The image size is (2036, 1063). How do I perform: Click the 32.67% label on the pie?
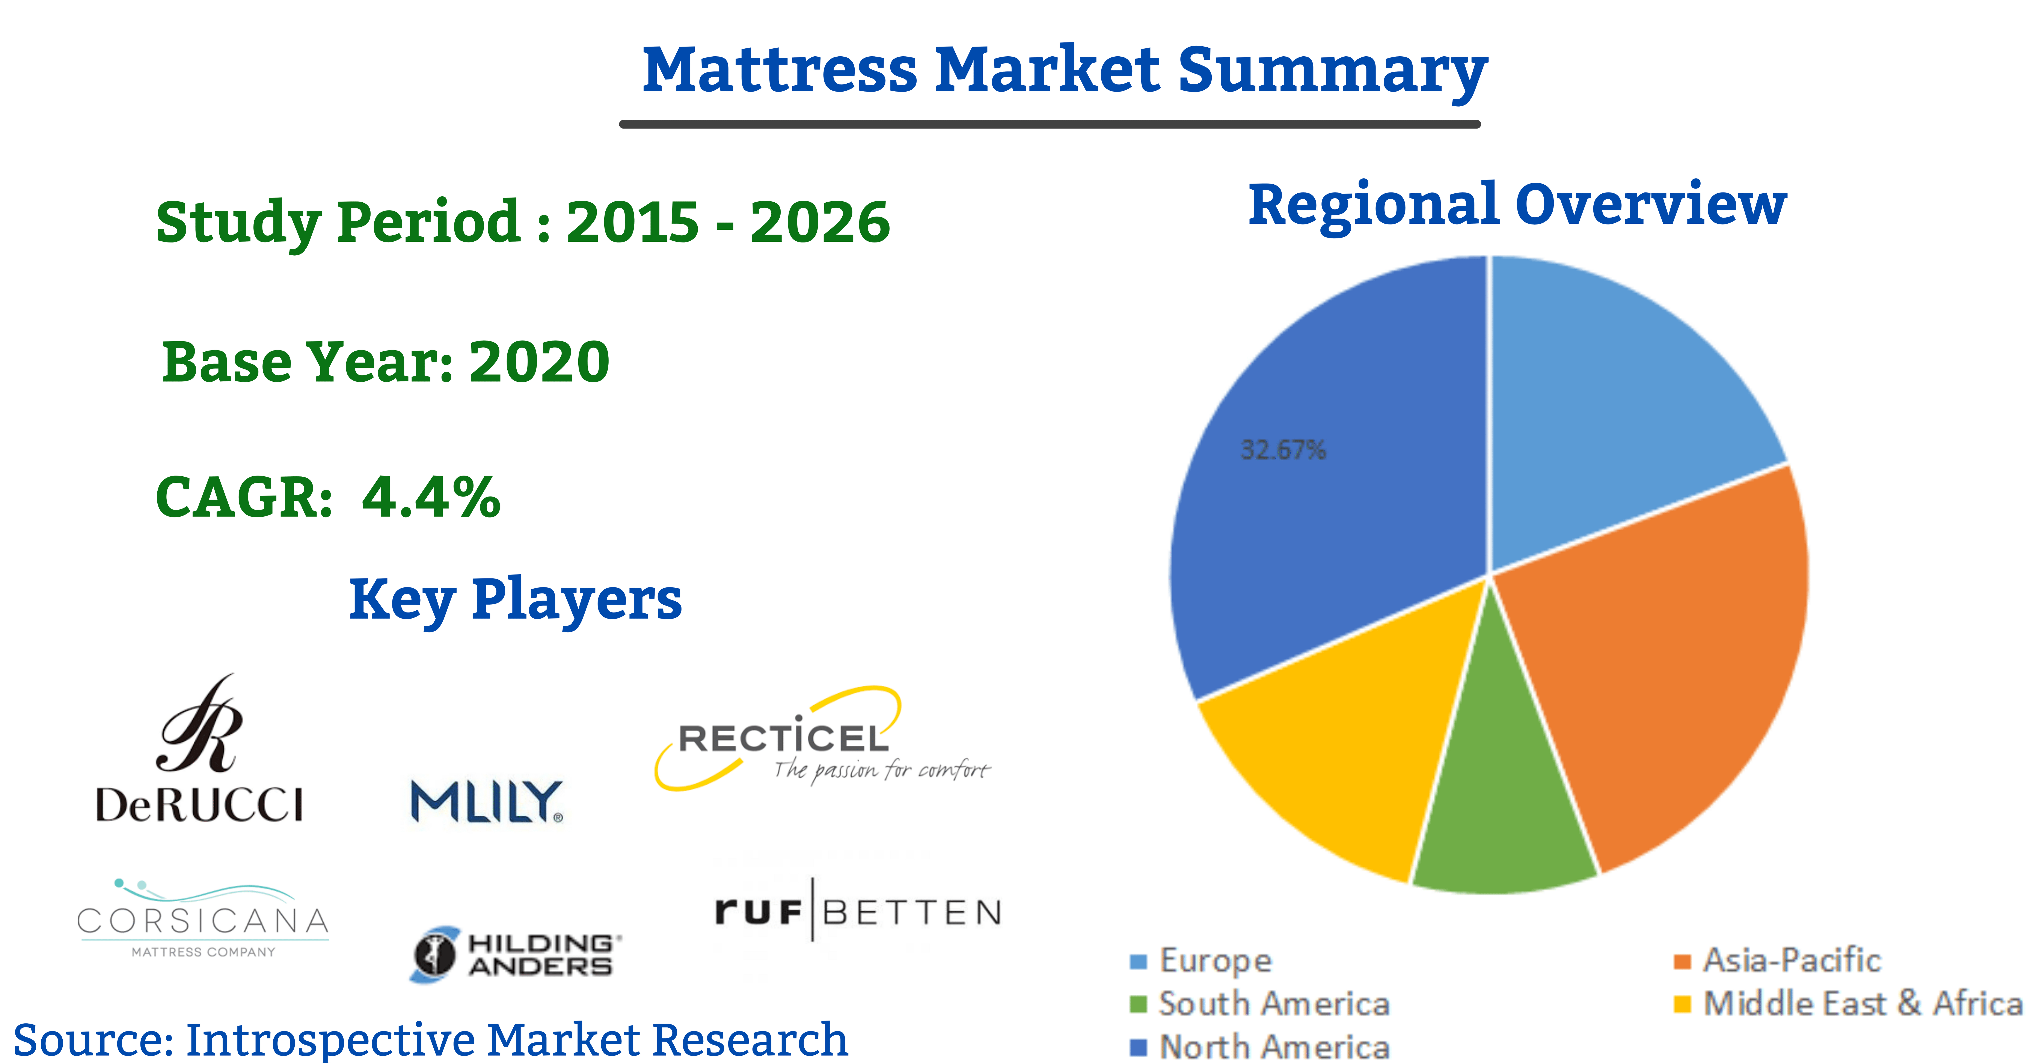(x=1283, y=450)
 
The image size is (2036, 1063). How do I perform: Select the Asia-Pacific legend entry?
(x=1777, y=960)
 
